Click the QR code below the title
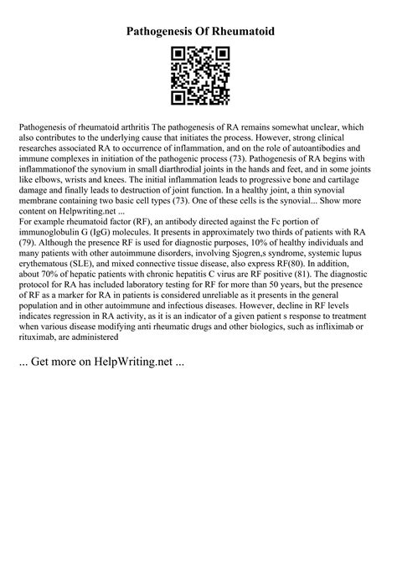[198, 76]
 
